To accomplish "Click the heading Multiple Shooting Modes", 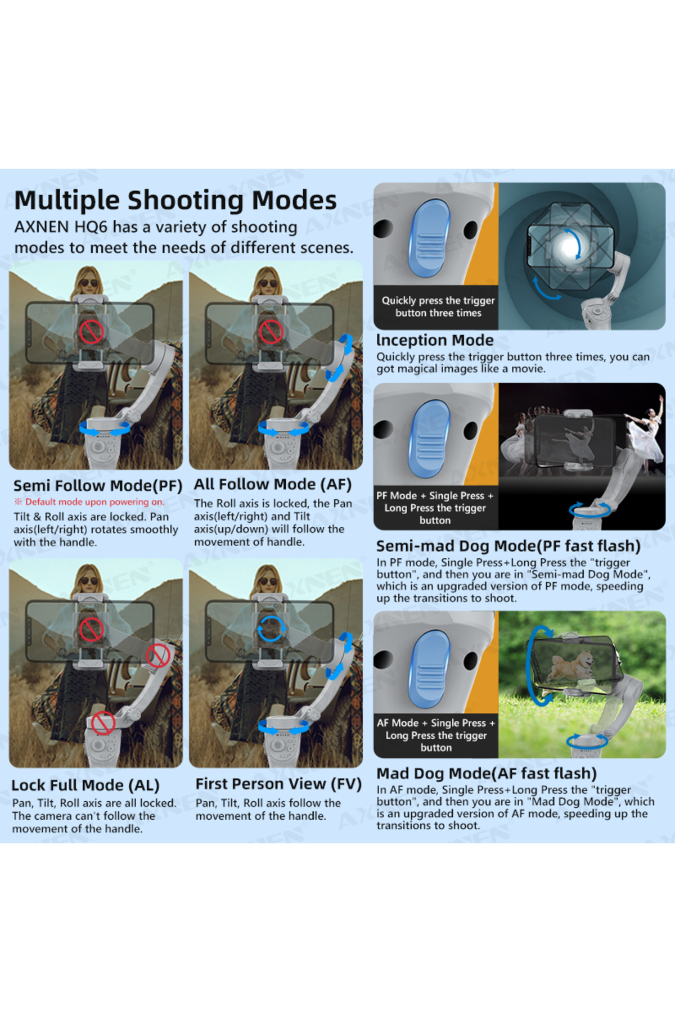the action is click(x=175, y=201).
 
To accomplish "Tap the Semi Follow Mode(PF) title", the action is click(x=98, y=486).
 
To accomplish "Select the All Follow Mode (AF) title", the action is click(x=273, y=485).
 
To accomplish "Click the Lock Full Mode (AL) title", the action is click(x=85, y=785).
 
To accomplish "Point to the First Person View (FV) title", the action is click(x=278, y=784).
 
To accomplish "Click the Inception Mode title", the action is click(x=435, y=340).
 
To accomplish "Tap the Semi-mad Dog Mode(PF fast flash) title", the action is click(x=508, y=546).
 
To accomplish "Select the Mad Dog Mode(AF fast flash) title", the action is click(x=487, y=774).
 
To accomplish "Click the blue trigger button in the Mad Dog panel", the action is click(x=430, y=669).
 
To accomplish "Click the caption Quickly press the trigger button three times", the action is click(x=438, y=307).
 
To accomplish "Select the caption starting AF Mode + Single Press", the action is click(x=436, y=735).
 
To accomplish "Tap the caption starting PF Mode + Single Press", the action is click(x=435, y=508).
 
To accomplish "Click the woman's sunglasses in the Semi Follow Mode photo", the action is click(x=88, y=283).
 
